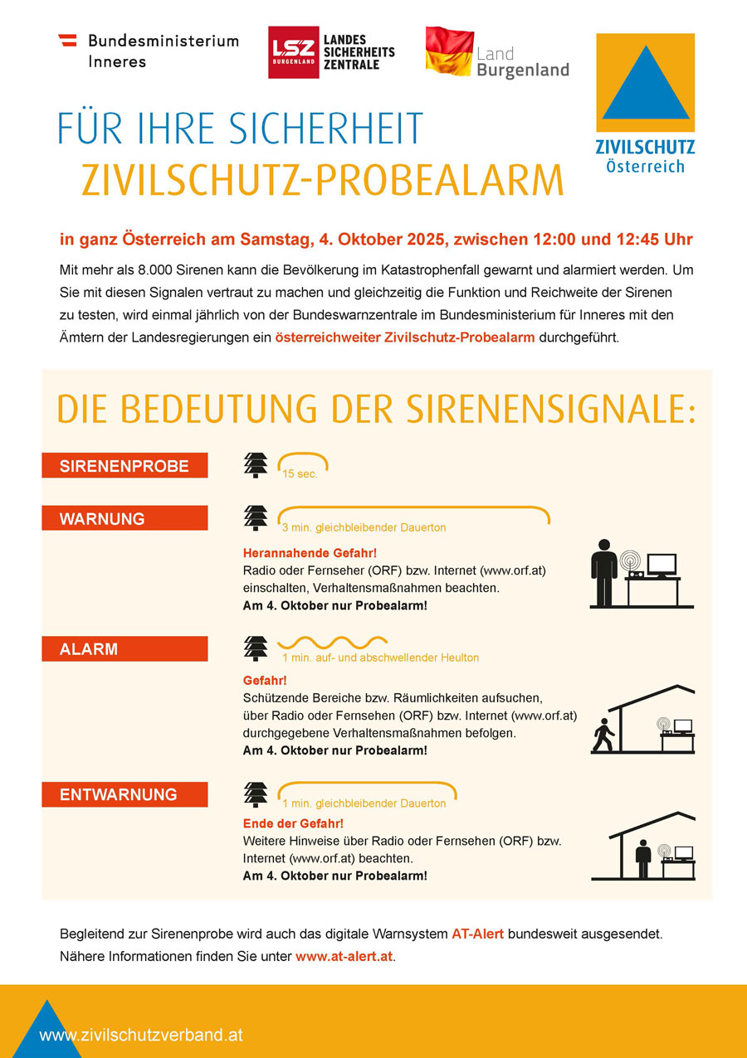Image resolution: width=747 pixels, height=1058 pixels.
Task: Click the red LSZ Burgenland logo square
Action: (293, 53)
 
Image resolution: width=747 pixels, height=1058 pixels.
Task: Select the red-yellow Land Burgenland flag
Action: (449, 51)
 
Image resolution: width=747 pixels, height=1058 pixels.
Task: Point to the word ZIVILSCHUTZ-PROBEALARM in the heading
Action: (322, 180)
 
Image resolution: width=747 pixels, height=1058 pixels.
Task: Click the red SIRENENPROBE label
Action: (124, 466)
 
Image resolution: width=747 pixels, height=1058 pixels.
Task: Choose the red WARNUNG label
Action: (124, 519)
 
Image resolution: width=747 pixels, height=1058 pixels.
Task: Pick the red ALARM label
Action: (124, 649)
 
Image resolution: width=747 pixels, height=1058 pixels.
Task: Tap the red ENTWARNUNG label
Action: (124, 794)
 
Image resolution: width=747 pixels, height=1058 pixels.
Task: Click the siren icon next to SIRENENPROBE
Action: (256, 465)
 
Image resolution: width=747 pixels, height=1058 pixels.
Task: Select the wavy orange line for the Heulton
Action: (332, 642)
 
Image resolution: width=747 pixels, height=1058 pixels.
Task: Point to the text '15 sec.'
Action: (300, 475)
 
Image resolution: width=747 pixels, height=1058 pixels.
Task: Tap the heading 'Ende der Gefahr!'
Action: (293, 823)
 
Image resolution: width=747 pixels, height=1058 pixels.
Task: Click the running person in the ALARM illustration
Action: (603, 735)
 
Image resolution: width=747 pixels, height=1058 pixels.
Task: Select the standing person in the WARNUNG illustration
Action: (604, 572)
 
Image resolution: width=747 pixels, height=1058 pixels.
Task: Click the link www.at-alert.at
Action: (344, 957)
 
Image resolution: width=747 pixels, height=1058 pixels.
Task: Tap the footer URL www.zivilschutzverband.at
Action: (141, 1035)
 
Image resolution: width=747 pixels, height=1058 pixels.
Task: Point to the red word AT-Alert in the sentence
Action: (477, 934)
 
